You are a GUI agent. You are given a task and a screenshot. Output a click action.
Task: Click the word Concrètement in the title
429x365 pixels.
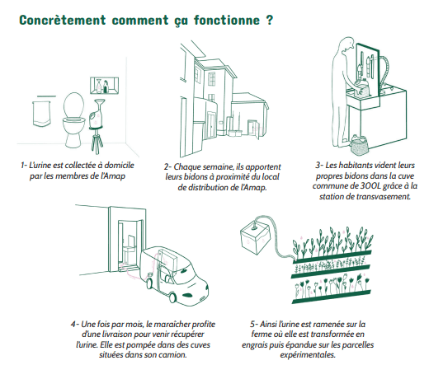tap(63, 20)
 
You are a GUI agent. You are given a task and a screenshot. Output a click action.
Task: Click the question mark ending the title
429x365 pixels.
tap(270, 20)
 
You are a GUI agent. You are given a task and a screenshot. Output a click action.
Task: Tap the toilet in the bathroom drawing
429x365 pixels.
tap(73, 119)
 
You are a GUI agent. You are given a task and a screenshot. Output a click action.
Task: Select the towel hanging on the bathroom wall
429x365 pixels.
tap(41, 114)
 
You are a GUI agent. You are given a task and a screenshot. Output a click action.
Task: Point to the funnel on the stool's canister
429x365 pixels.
tap(99, 103)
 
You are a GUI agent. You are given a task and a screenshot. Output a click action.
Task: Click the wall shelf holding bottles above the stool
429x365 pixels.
tap(104, 86)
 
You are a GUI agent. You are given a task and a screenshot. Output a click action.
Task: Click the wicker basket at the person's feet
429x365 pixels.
tap(360, 144)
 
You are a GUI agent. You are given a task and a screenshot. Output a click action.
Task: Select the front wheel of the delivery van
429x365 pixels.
tap(172, 297)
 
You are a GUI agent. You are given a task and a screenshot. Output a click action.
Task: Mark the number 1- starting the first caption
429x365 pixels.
tap(24, 165)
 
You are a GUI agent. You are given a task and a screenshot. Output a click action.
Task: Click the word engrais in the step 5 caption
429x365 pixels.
tap(253, 345)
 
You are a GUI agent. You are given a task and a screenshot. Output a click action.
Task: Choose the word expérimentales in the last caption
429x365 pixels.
tap(308, 355)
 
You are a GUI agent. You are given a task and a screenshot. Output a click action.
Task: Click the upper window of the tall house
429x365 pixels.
tap(212, 79)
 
